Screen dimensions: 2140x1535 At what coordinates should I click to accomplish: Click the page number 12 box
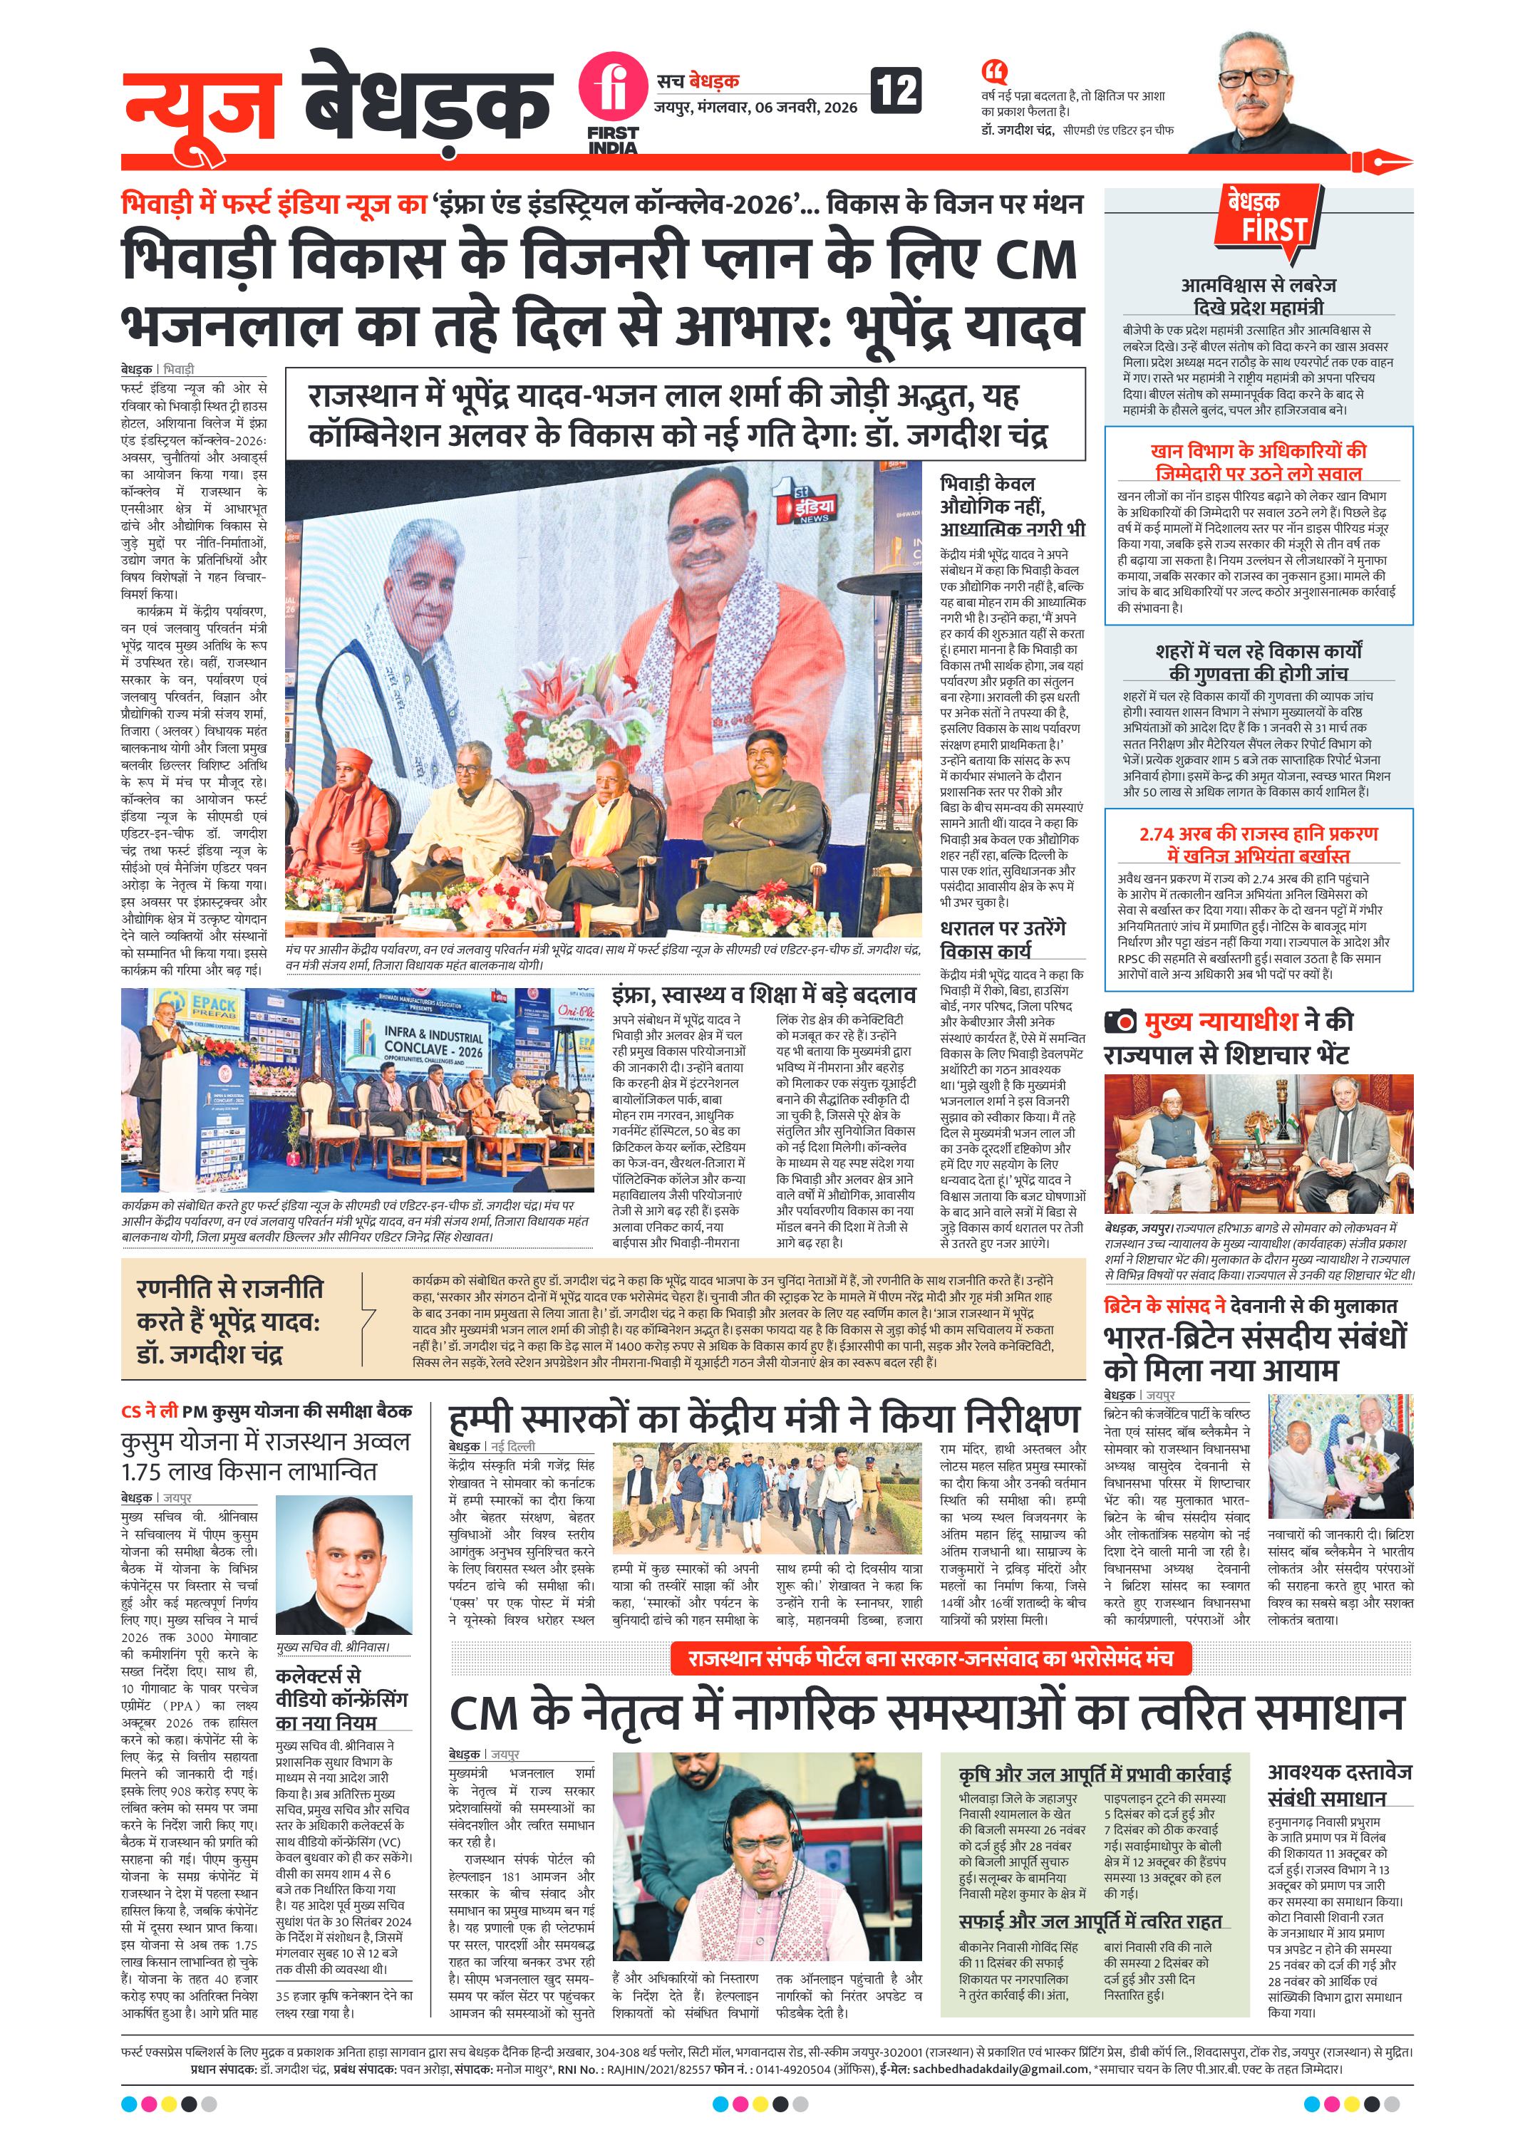(894, 90)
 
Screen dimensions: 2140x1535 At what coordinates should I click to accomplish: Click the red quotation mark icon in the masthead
(993, 71)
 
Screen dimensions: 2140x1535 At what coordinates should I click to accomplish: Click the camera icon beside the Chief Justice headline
(1120, 1021)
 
